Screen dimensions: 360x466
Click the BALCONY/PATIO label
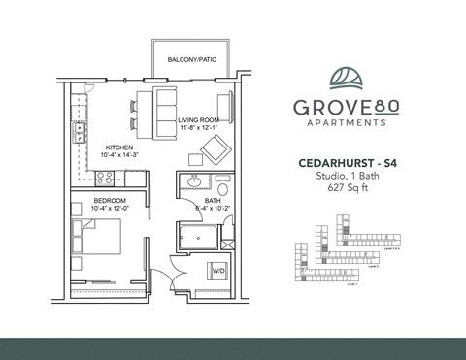pyautogui.click(x=190, y=60)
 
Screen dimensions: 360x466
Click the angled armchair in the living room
pyautogui.click(x=214, y=150)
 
